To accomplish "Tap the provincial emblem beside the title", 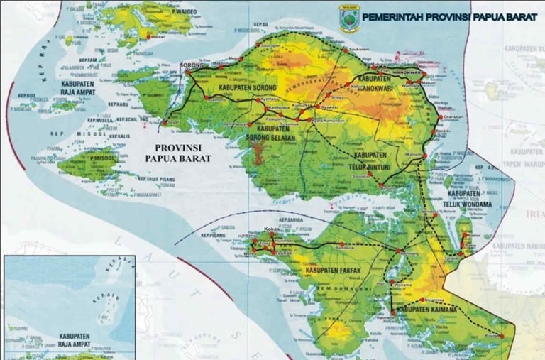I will [x=348, y=19].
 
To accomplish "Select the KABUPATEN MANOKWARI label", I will [x=381, y=82].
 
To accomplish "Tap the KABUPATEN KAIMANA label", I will [x=426, y=310].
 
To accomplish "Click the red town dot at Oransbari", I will [x=441, y=117].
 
